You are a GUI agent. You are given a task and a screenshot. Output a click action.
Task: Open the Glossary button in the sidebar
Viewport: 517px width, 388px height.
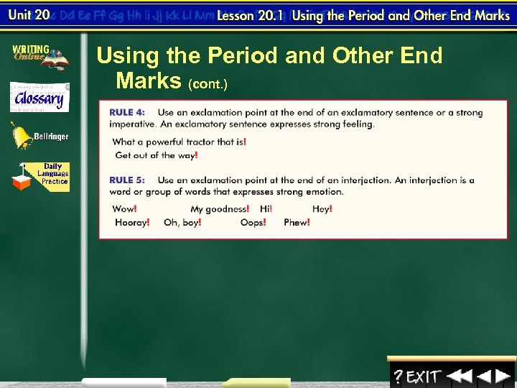[39, 98]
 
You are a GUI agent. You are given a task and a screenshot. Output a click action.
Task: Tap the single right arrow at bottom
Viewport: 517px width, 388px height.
[503, 376]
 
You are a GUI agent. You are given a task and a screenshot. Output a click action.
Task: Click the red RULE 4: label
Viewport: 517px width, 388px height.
[126, 113]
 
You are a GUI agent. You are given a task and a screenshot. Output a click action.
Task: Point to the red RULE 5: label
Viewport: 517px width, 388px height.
[126, 180]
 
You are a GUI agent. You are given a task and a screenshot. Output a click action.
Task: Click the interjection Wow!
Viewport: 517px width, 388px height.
[124, 209]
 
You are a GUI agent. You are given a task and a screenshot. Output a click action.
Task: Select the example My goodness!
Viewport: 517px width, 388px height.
[220, 209]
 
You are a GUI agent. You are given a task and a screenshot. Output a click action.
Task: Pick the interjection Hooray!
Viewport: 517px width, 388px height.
[132, 223]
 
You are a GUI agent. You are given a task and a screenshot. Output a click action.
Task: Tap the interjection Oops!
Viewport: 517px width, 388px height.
[253, 223]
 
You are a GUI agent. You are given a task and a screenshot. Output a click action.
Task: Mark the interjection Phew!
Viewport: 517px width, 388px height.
[297, 223]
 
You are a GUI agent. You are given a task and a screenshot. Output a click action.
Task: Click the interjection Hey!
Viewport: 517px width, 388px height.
[322, 209]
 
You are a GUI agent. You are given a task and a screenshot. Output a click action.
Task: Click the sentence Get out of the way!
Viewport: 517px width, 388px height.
[157, 155]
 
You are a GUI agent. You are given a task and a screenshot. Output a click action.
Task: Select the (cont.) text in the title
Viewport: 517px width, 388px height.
[208, 85]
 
